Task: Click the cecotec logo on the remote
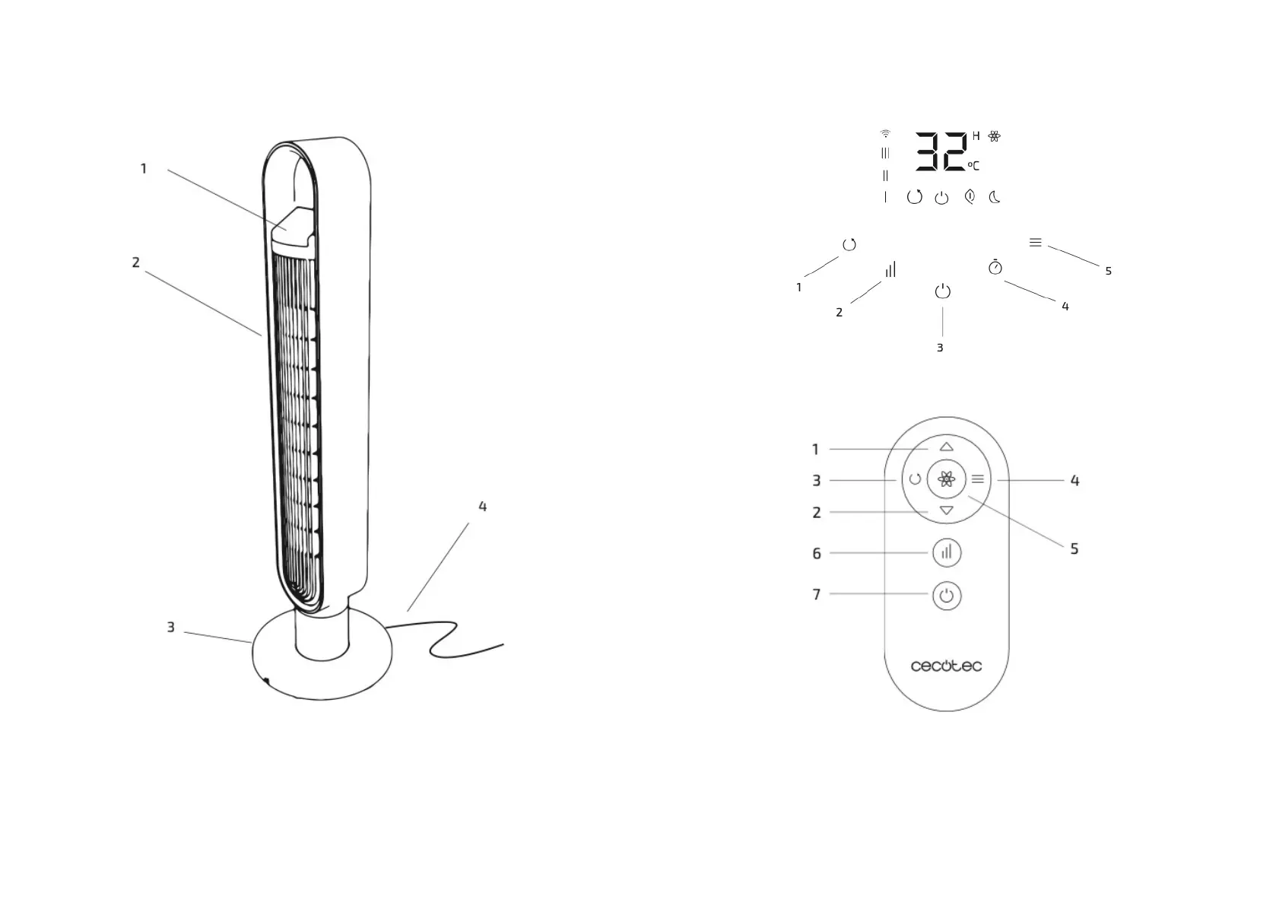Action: (x=946, y=666)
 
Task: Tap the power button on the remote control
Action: (x=947, y=596)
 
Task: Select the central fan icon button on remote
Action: (x=947, y=479)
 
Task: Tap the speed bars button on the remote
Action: (x=947, y=552)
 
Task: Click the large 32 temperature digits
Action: (x=941, y=151)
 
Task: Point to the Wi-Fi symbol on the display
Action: (x=885, y=133)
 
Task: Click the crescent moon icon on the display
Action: (x=995, y=197)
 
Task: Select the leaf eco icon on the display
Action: (x=970, y=196)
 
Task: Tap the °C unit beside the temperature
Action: (x=973, y=166)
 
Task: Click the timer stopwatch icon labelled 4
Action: (x=995, y=267)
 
